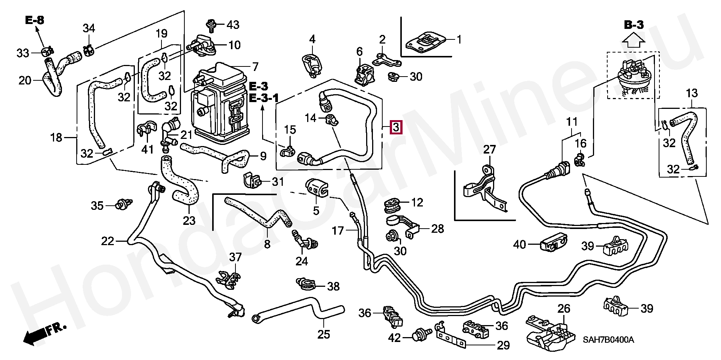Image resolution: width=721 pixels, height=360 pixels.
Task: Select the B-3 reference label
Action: [634, 25]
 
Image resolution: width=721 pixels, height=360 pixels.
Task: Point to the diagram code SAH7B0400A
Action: [608, 340]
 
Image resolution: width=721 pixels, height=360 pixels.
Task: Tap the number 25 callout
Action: [324, 334]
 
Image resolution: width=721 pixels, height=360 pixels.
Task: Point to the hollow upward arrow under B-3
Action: [634, 39]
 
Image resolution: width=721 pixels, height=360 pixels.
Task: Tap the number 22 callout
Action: [107, 241]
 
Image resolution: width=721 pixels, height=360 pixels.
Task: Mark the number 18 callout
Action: [56, 138]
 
